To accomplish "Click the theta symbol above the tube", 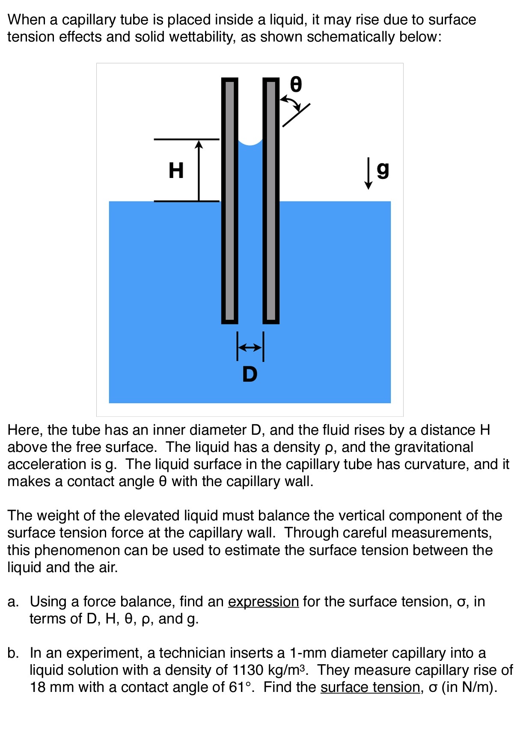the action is point(296,84).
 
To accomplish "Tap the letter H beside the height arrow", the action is point(176,170).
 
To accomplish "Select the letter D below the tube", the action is point(250,374).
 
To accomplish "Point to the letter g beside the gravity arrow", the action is point(383,170).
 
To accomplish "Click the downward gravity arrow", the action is point(368,173).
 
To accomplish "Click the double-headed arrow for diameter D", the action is point(250,347).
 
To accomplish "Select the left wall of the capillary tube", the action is point(229,200).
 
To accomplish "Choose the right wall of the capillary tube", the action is point(270,200).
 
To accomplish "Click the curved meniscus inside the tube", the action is point(250,142).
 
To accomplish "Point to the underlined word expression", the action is point(263,601).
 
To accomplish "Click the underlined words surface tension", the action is point(370,687).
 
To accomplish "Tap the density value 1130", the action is point(248,670).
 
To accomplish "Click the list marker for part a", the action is point(13,602).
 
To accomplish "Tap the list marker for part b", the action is point(13,653).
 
